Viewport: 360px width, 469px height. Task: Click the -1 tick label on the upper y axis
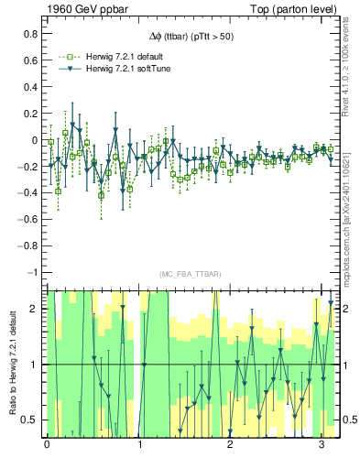pyautogui.click(x=34, y=273)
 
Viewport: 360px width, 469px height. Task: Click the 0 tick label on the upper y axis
pyautogui.click(x=35, y=140)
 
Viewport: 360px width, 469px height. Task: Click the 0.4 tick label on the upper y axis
pyautogui.click(x=30, y=87)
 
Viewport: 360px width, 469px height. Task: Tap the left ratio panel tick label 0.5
pyautogui.click(x=30, y=420)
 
